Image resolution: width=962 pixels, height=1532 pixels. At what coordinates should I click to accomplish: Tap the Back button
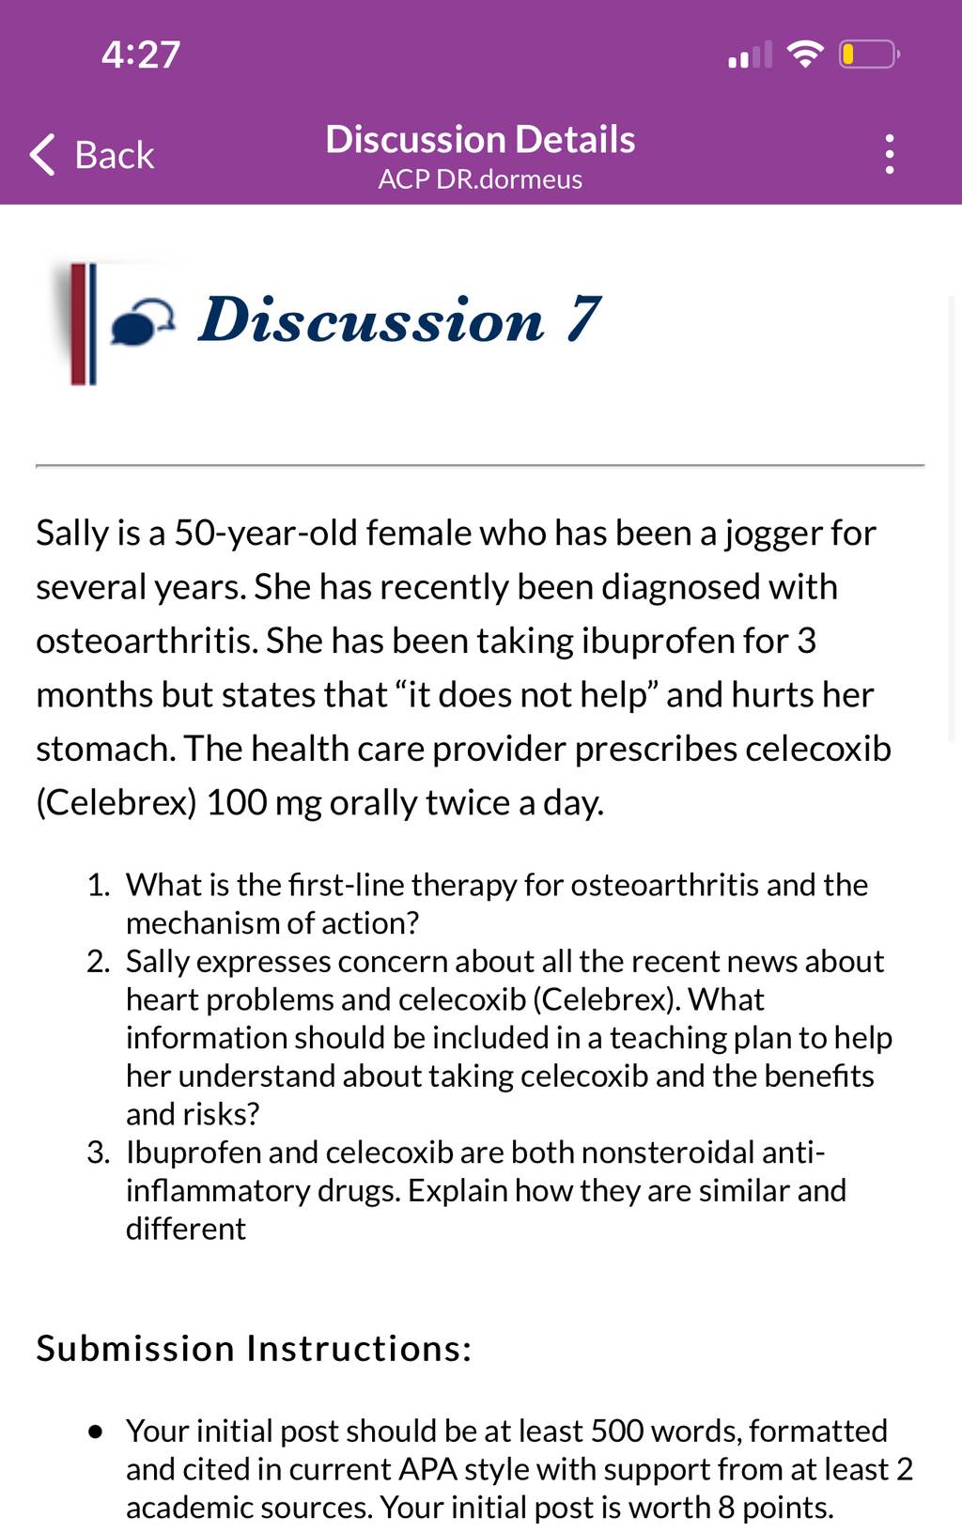92,155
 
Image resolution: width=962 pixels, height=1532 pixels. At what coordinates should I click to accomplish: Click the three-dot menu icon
890,154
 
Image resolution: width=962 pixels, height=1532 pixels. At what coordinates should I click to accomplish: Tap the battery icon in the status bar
869,54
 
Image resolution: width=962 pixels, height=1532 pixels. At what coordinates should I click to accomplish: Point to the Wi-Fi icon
806,54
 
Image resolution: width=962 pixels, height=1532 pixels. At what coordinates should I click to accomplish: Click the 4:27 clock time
141,54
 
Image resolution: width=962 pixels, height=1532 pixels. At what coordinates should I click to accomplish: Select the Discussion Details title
480,140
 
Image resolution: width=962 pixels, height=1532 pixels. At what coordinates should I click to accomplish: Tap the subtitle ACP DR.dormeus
480,179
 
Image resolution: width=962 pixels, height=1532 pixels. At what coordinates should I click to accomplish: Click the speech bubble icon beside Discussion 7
142,320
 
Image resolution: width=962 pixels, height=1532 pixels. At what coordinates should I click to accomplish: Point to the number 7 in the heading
583,318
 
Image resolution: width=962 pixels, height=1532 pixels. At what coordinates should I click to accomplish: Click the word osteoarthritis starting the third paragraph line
147,641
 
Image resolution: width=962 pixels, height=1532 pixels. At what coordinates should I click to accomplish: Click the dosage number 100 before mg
236,802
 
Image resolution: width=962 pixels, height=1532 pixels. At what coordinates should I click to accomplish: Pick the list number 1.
99,885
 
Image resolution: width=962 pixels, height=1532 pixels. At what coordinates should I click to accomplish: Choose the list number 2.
98,962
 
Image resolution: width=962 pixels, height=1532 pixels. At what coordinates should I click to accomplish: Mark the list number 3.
98,1153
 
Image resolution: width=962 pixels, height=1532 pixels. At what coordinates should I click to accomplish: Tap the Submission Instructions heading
254,1348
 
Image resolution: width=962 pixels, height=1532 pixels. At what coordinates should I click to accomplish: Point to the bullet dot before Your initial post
97,1431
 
